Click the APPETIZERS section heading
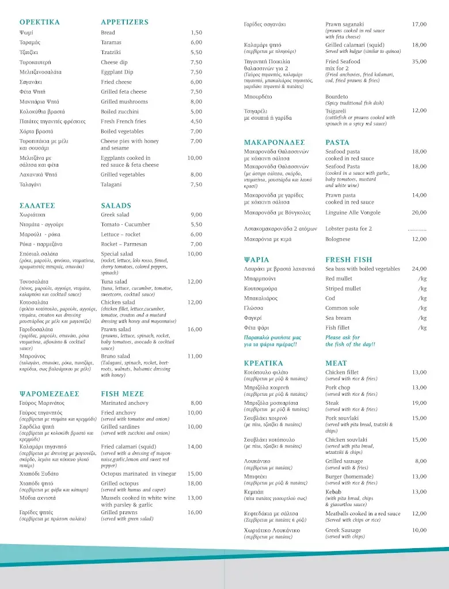point(124,22)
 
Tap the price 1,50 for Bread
point(196,33)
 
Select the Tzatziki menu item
point(111,52)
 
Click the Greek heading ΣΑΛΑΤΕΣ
point(37,205)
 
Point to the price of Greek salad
point(196,215)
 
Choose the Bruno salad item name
point(115,357)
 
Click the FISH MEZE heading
point(123,394)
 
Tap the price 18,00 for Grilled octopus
point(195,484)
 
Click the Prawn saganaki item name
point(345,25)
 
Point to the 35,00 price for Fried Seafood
point(419,62)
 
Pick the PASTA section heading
point(337,143)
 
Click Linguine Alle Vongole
point(353,213)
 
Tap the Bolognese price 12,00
point(419,239)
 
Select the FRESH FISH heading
point(349,260)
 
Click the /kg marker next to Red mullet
point(423,279)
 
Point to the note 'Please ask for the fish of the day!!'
point(350,341)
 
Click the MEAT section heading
point(336,364)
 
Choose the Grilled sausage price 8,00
point(421,461)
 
